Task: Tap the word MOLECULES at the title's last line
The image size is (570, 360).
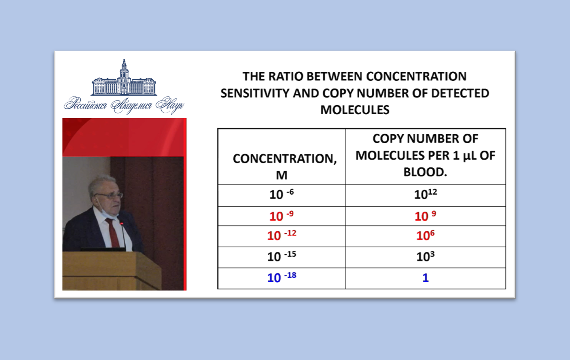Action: (355, 110)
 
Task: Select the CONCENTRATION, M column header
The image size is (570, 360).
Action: (284, 167)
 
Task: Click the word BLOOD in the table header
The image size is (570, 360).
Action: (424, 172)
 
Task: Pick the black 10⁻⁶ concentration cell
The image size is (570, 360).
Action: (281, 195)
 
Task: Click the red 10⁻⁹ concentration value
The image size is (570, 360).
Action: (281, 216)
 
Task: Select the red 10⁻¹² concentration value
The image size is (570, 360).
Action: (281, 235)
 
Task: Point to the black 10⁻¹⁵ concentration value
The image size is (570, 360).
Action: (281, 257)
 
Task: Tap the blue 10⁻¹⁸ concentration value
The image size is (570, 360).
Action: (281, 277)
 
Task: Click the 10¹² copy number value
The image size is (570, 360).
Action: (425, 194)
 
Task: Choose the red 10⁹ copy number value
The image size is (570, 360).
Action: (425, 216)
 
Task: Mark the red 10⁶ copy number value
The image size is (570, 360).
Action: (425, 235)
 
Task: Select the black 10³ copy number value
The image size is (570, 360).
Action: (425, 257)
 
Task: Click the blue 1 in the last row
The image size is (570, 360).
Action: (425, 278)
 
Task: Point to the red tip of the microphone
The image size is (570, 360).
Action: (122, 224)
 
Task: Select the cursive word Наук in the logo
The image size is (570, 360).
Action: (170, 105)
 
